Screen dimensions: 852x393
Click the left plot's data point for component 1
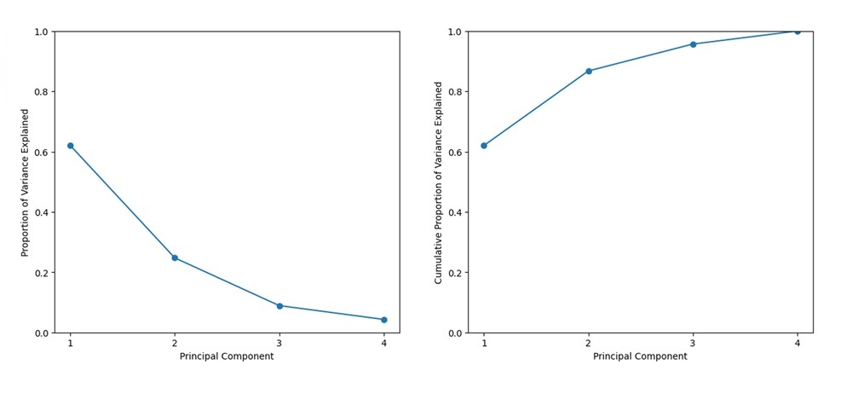tap(70, 146)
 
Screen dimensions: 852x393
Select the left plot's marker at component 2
tap(175, 257)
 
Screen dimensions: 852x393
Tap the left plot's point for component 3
tap(279, 306)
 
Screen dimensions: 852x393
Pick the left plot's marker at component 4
tap(384, 320)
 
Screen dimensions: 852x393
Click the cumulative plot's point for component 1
tap(484, 146)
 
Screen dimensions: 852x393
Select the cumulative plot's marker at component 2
tap(589, 71)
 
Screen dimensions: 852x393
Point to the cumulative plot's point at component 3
tap(694, 44)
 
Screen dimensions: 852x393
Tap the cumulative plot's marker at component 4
tap(797, 31)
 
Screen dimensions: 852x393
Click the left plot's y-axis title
tap(25, 182)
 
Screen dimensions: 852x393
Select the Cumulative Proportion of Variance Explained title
tap(438, 182)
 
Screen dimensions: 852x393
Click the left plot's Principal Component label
tap(227, 356)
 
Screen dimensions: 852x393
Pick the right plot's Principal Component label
tap(640, 356)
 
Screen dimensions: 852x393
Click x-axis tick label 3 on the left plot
tap(279, 343)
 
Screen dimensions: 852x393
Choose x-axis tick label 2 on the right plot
tap(589, 343)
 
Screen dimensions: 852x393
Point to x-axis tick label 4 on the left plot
tap(384, 343)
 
